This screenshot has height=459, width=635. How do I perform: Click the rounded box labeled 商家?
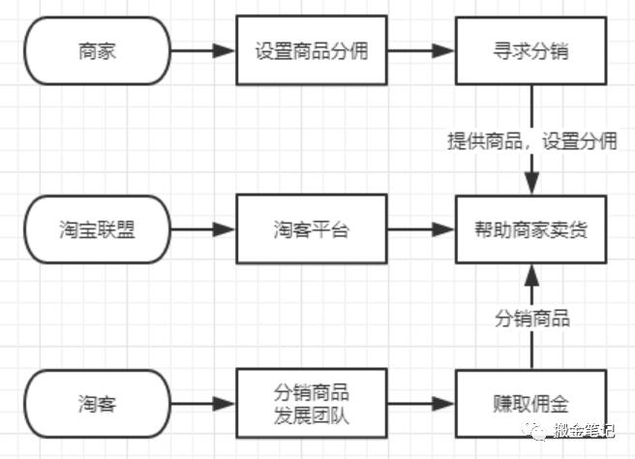96,51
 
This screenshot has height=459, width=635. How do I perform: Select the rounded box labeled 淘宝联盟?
96,230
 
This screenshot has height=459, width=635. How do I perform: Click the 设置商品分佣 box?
312,51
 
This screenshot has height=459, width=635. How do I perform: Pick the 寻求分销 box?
529,51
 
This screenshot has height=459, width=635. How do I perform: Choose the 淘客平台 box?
312,230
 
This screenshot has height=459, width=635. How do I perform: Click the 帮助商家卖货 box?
529,230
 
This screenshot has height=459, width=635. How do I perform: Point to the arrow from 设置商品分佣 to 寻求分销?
421,51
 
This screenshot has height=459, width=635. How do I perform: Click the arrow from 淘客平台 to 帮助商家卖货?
421,230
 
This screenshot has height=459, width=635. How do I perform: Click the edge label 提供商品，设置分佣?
531,141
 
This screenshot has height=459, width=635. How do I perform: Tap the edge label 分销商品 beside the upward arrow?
531,318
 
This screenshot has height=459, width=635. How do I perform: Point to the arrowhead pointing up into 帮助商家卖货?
529,275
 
